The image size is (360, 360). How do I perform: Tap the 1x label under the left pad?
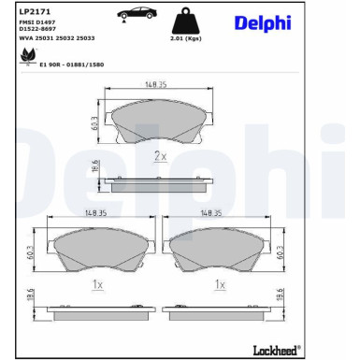pos(97,283)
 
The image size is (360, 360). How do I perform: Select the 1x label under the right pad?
pos(221,283)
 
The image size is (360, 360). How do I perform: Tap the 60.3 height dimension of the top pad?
pos(94,122)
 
